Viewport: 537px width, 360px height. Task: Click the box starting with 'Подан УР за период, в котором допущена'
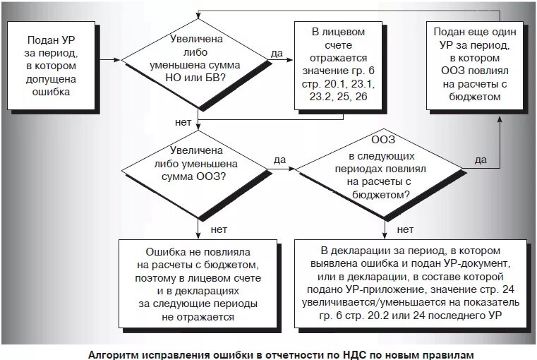(x=51, y=65)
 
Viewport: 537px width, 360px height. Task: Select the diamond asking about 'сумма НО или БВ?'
(x=198, y=59)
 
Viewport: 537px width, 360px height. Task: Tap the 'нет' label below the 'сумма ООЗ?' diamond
(x=218, y=229)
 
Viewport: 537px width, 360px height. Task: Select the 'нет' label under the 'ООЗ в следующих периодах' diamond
(x=405, y=229)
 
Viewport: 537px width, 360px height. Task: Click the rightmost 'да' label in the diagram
(x=481, y=160)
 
